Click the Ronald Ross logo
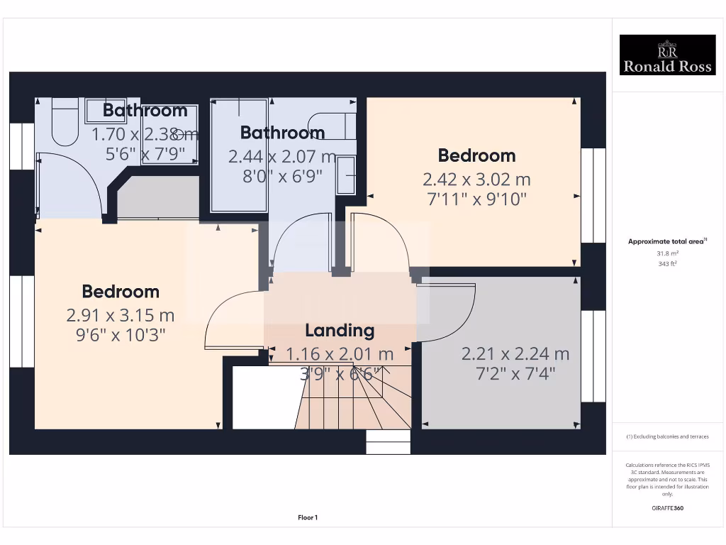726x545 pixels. click(x=667, y=55)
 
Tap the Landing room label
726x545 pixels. click(x=340, y=330)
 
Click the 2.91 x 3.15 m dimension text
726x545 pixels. click(x=121, y=315)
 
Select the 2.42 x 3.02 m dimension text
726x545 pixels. click(x=476, y=179)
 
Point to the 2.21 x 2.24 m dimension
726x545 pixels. click(x=515, y=353)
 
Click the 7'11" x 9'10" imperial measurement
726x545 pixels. click(x=476, y=199)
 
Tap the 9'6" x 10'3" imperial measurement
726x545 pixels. click(x=121, y=334)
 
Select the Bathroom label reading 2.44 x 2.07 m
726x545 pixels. click(x=282, y=133)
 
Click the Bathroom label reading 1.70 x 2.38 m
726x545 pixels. click(x=145, y=111)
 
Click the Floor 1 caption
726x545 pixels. click(x=308, y=518)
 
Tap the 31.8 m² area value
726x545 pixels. click(x=667, y=253)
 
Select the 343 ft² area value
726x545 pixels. click(x=667, y=263)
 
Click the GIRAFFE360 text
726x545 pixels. click(x=667, y=508)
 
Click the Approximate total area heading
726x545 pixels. click(x=667, y=241)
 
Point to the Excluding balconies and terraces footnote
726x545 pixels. click(x=667, y=436)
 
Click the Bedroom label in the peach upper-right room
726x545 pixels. click(x=476, y=155)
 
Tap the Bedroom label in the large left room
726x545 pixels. click(x=121, y=292)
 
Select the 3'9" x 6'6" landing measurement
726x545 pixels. click(x=340, y=373)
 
